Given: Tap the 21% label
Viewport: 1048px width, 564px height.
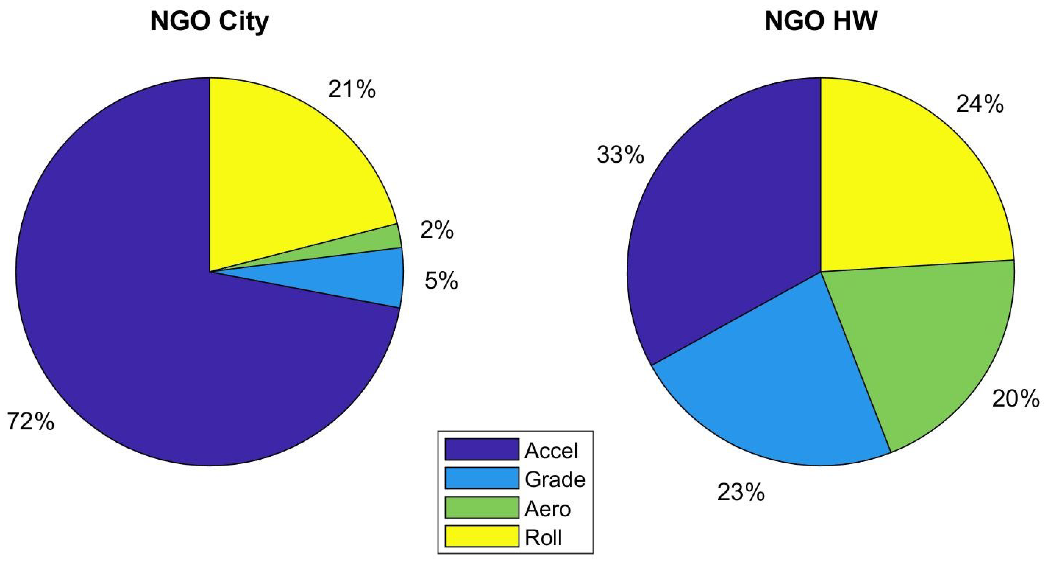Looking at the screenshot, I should tap(352, 89).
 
